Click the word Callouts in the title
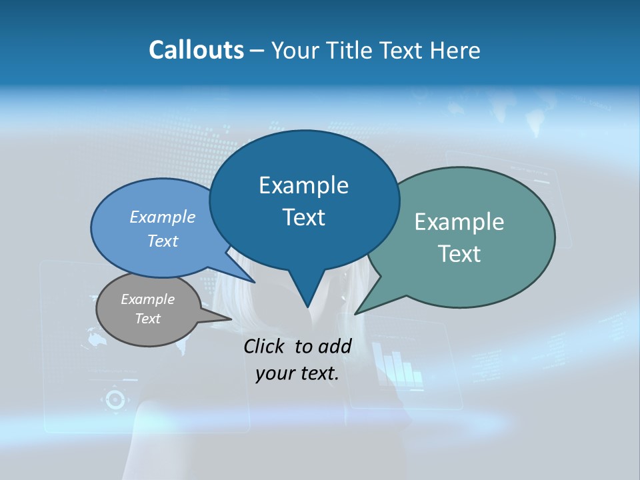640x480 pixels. [196, 50]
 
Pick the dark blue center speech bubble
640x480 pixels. [304, 201]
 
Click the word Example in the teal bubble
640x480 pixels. [459, 222]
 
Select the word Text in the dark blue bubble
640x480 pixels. [304, 217]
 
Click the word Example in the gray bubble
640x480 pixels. [148, 299]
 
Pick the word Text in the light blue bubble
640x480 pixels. [163, 241]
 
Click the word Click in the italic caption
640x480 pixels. [265, 346]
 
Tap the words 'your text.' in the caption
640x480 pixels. [297, 373]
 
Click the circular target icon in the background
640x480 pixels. [114, 399]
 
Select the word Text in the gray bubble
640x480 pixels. [148, 319]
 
